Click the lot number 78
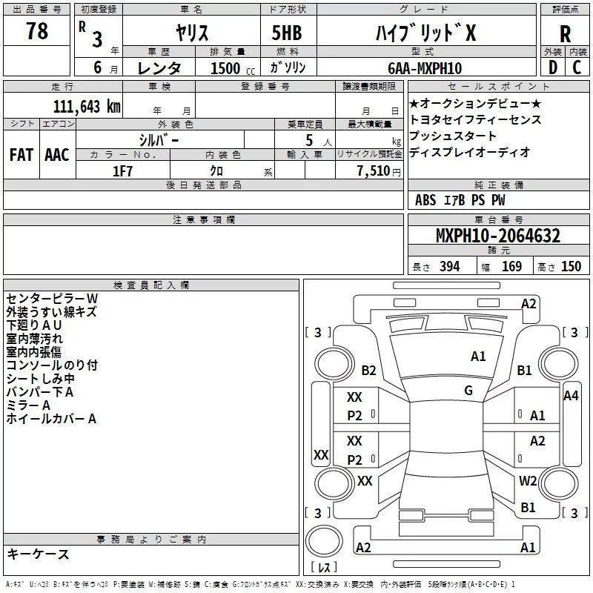(36, 32)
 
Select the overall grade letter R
(565, 33)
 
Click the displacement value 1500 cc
(225, 68)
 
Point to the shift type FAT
(21, 155)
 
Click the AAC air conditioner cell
(56, 155)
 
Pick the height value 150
(571, 267)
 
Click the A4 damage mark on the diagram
(570, 396)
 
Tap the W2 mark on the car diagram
(528, 481)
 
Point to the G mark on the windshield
(468, 391)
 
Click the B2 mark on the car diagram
(368, 371)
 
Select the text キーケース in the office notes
(38, 554)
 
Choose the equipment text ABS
(425, 200)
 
